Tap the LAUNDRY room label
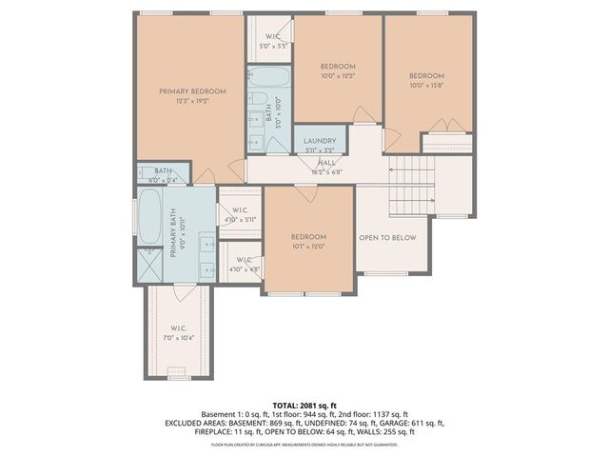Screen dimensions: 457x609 point(320,141)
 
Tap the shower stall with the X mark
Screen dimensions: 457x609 point(149,263)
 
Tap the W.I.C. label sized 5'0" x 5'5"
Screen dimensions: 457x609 point(267,40)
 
